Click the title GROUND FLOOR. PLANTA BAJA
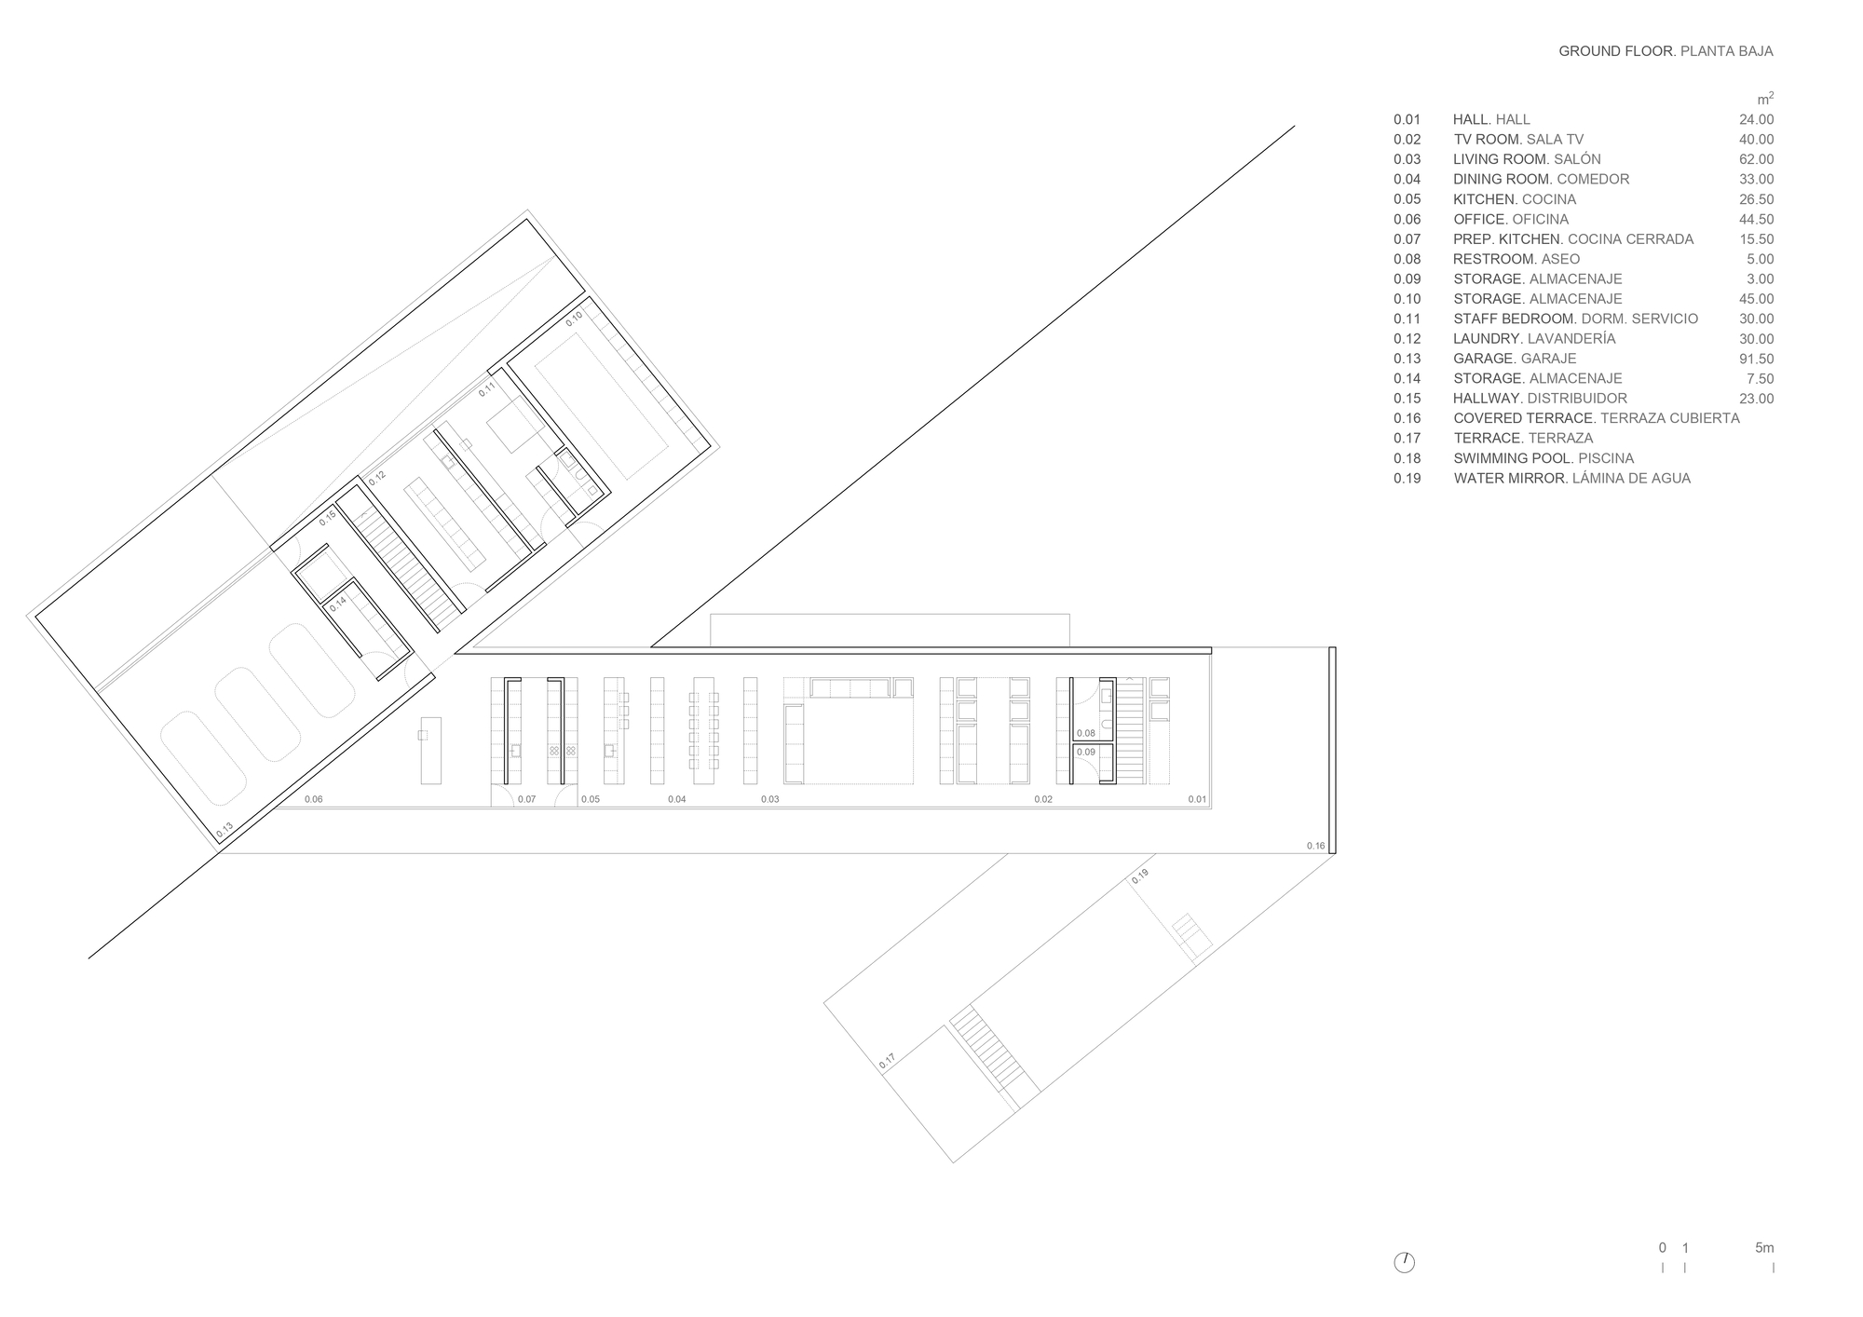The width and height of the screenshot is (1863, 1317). [1666, 51]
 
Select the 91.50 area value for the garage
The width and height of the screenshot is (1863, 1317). [1756, 359]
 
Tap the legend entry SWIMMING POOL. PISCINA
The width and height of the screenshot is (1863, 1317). [1543, 458]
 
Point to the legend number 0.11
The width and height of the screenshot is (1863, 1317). [1407, 319]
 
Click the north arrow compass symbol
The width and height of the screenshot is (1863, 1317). [1405, 1263]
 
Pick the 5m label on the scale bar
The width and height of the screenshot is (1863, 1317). [1764, 1248]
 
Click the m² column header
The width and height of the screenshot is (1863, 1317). [1765, 99]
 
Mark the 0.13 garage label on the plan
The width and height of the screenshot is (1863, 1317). [224, 828]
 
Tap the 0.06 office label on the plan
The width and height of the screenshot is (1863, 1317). [313, 799]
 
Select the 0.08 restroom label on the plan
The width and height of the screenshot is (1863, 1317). [1085, 733]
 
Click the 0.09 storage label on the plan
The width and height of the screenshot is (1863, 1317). [1085, 752]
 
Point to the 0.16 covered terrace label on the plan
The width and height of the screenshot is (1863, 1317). [1315, 846]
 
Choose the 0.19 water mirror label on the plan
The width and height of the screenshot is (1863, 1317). [1140, 875]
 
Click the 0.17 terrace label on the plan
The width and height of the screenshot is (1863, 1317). [887, 1060]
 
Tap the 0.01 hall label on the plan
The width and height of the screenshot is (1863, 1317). [1197, 799]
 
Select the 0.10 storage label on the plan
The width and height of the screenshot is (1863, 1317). [574, 317]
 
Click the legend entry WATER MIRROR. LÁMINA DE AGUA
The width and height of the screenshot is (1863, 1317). [1572, 479]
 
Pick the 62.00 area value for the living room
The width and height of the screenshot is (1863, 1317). [1756, 159]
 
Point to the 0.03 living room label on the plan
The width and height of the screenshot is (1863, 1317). [769, 799]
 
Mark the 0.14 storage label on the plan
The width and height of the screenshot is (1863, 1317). [337, 603]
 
